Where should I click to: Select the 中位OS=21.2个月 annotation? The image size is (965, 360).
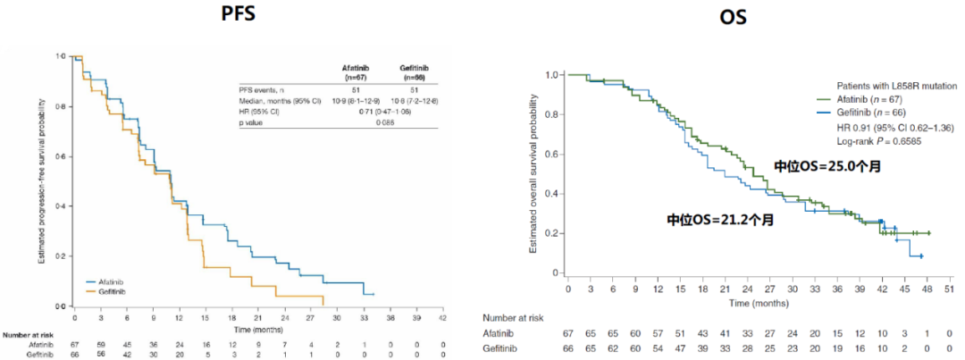click(719, 219)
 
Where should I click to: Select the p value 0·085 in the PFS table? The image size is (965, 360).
click(388, 122)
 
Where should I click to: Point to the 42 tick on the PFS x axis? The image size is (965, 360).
click(441, 317)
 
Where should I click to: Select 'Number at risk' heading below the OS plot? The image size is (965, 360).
click(515, 317)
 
